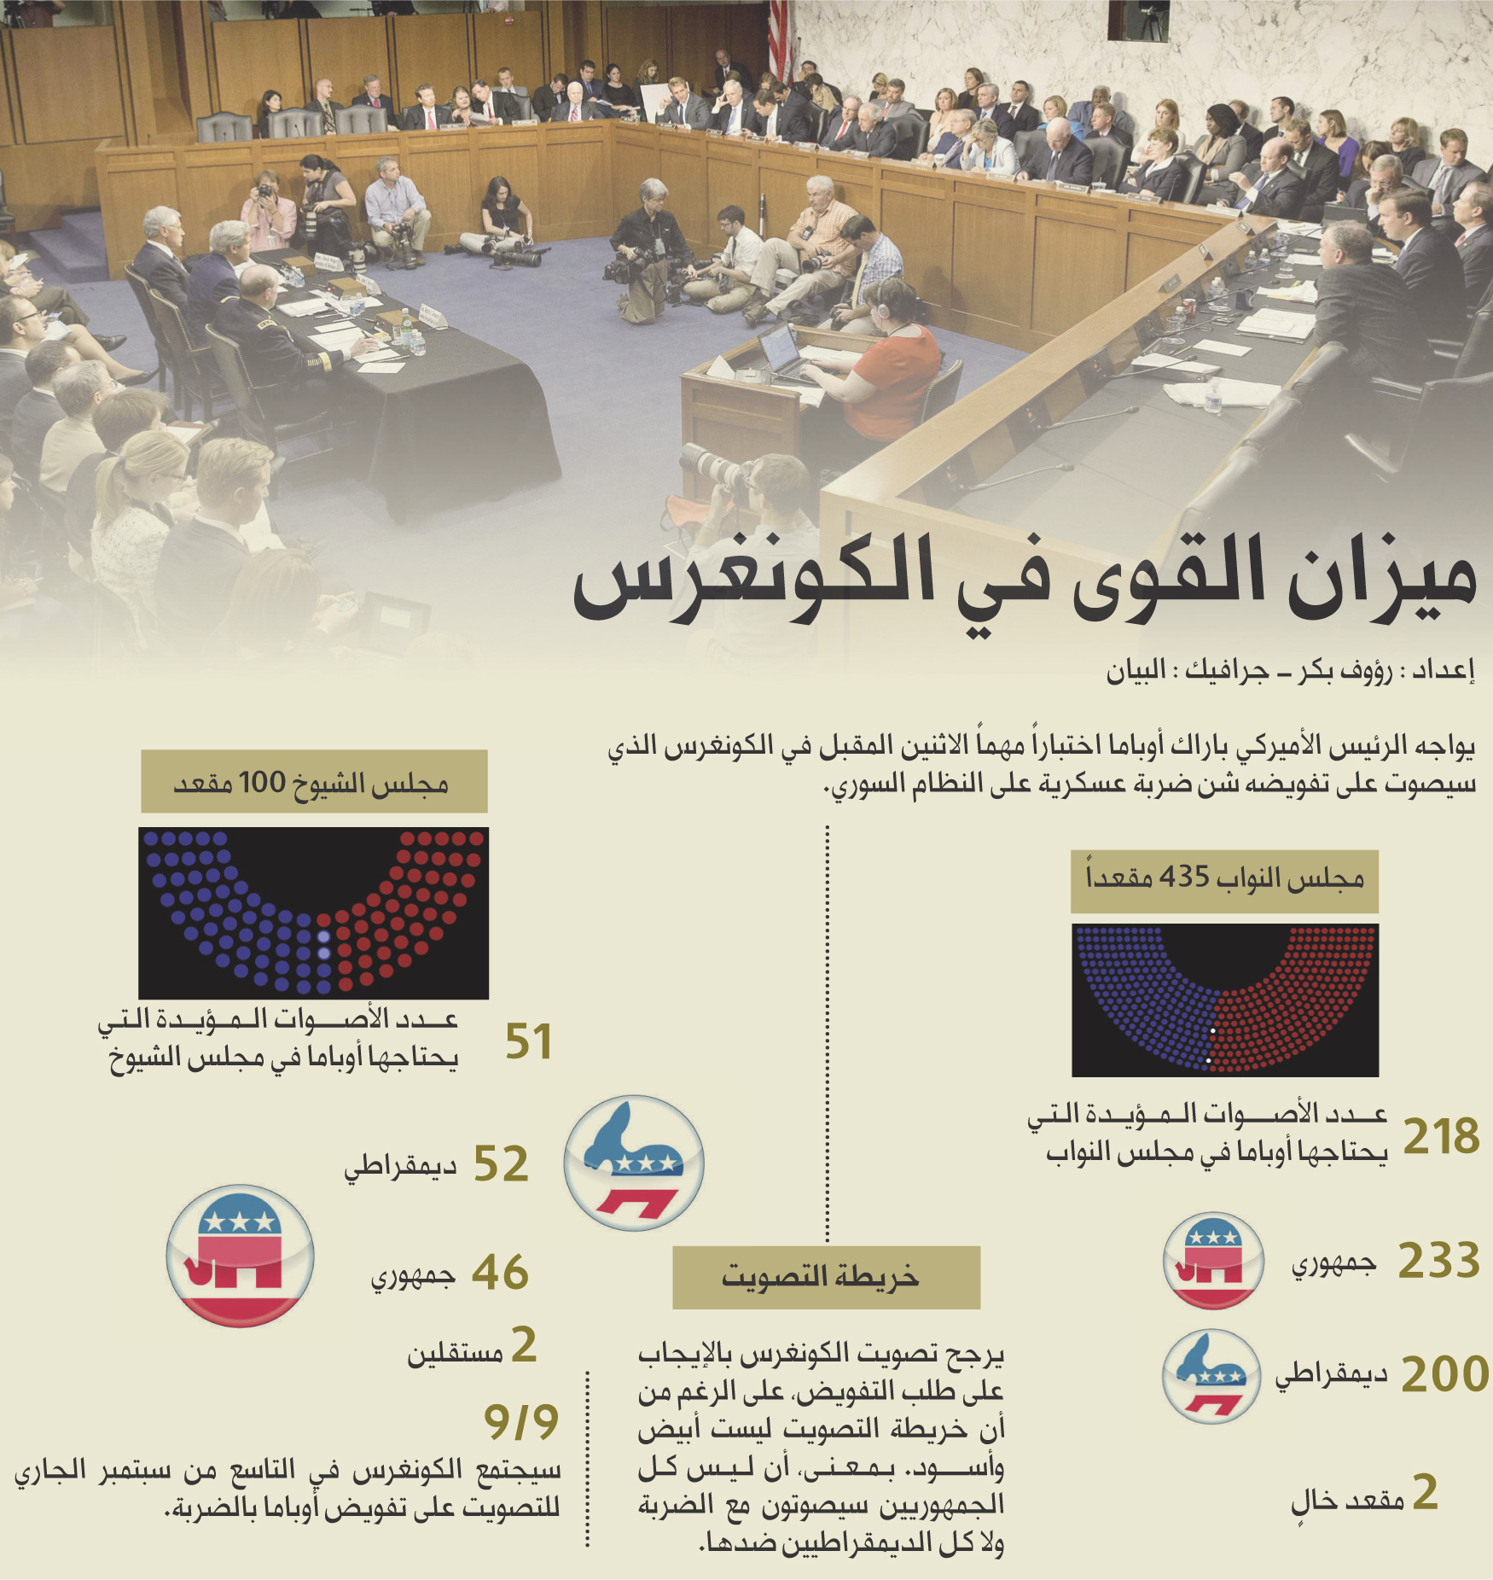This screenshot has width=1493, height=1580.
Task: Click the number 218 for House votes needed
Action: tap(1441, 1136)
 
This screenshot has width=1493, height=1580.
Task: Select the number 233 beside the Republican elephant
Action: tap(1439, 1260)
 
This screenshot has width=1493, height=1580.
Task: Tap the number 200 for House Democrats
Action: tap(1444, 1374)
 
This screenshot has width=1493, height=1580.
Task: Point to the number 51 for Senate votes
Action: tap(528, 1041)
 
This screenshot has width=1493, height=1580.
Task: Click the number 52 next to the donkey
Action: tap(501, 1163)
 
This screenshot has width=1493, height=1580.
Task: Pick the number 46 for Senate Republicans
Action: tap(501, 1272)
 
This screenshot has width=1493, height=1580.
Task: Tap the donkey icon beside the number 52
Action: tap(634, 1163)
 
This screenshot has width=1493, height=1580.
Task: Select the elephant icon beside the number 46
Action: tap(240, 1255)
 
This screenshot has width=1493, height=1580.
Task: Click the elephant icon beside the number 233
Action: tap(1213, 1261)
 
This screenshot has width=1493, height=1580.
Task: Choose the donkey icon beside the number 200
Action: tap(1211, 1376)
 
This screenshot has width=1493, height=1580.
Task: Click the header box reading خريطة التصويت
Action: tap(826, 1277)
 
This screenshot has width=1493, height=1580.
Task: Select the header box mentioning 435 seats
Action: tap(1225, 882)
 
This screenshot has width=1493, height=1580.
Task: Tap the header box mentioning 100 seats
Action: tap(314, 781)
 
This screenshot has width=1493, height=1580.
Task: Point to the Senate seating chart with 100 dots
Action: tap(314, 912)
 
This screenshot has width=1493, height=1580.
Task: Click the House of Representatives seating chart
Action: tap(1225, 1000)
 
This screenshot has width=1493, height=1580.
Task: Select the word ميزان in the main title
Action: tap(1381, 580)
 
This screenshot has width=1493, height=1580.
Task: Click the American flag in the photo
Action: tap(780, 38)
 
